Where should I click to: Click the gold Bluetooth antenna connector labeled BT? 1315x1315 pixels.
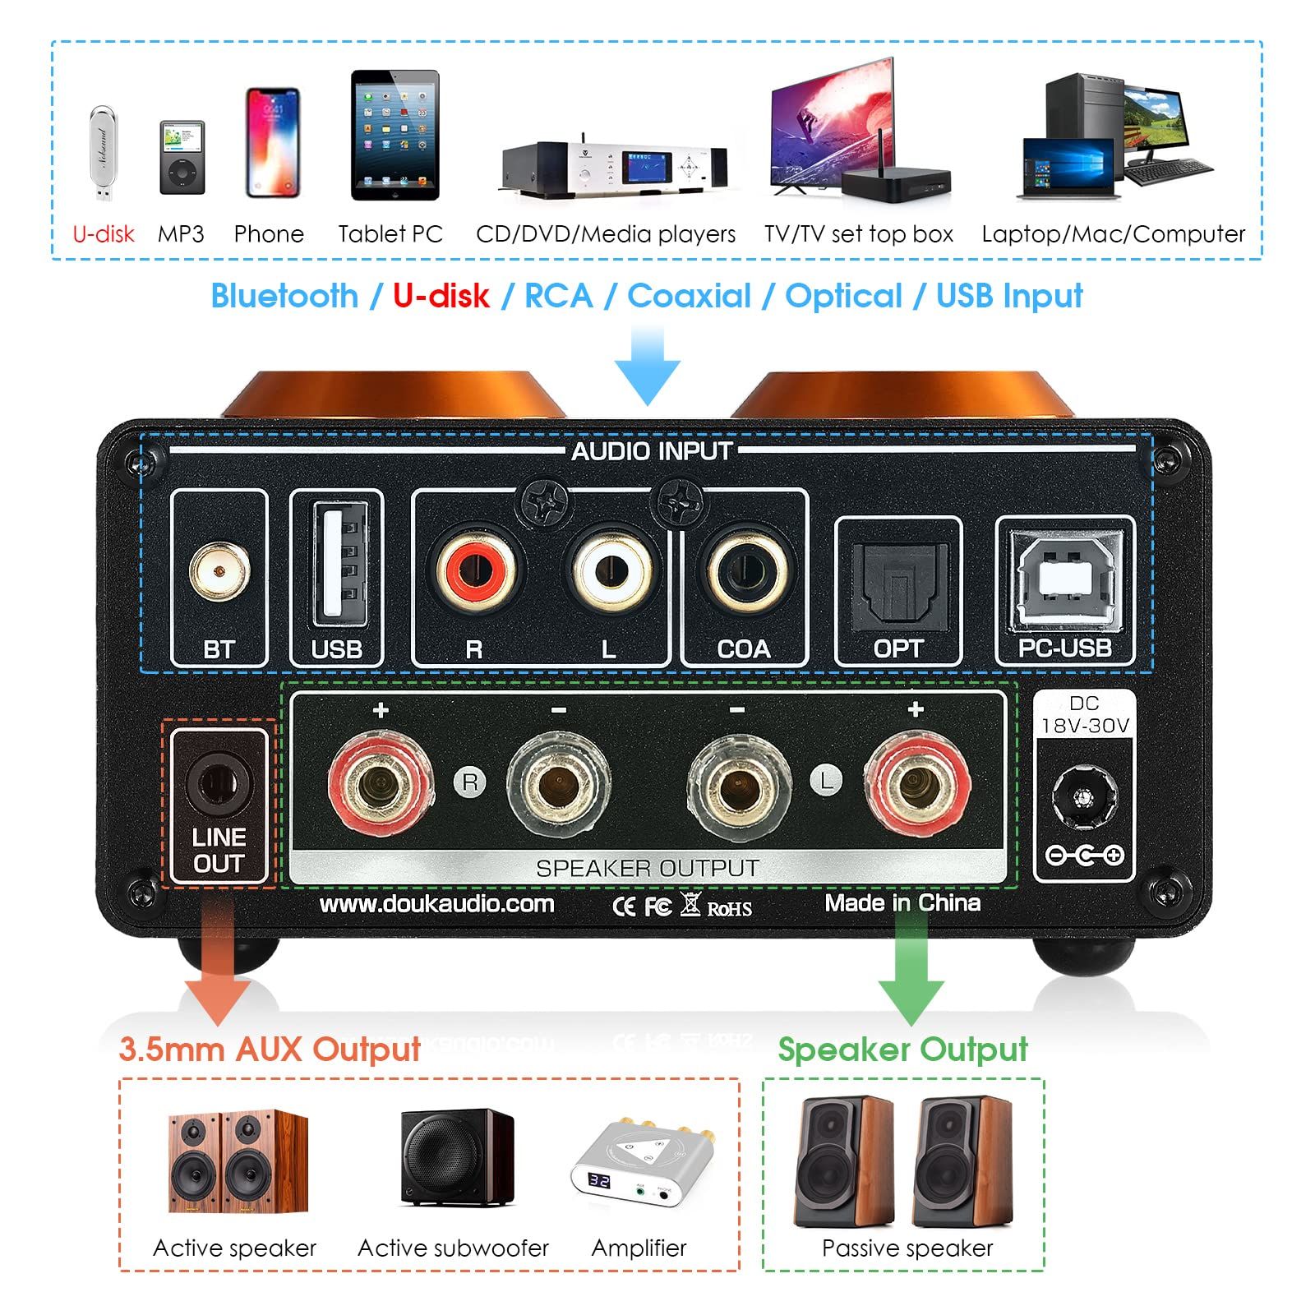click(219, 571)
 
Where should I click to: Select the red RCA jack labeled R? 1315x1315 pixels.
click(475, 568)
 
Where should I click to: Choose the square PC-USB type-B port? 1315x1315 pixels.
click(1066, 575)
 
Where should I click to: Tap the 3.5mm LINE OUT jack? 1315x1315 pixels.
click(218, 783)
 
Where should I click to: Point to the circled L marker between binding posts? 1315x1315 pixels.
click(827, 779)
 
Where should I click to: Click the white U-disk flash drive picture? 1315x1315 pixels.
click(103, 154)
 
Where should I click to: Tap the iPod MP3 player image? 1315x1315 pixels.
click(182, 158)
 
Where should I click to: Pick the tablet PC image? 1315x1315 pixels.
click(395, 136)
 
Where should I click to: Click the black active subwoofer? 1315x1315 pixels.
click(457, 1158)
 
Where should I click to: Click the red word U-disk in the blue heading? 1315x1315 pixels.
click(441, 296)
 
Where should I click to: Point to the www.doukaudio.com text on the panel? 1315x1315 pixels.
click(436, 904)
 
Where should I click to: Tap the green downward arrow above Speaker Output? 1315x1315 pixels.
click(911, 970)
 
